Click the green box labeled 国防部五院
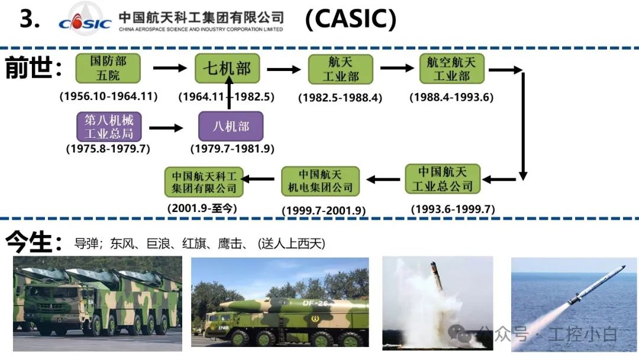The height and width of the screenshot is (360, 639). point(108,68)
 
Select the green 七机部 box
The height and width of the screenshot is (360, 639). point(227,68)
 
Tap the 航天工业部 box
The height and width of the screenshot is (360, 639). point(340,69)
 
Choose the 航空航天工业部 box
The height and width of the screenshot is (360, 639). point(451,68)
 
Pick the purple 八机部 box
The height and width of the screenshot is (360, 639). point(230,126)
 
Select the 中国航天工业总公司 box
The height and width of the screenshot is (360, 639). point(443,179)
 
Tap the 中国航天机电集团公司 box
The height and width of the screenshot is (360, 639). point(320,181)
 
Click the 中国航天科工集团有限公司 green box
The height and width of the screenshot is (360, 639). point(204,182)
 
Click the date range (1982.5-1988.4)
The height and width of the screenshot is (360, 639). point(340,98)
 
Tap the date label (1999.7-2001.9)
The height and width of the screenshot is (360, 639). point(324,210)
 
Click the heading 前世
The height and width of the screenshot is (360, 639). point(33,67)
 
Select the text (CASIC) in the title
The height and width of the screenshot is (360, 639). point(350,20)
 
